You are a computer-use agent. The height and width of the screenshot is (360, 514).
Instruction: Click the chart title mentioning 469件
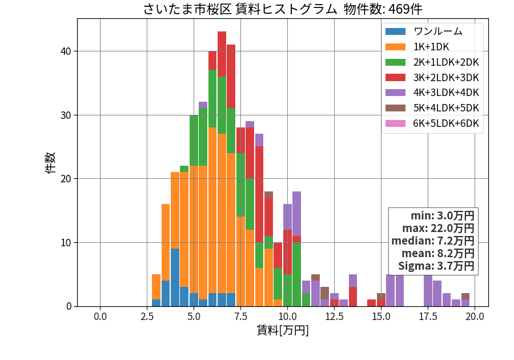[x=283, y=9]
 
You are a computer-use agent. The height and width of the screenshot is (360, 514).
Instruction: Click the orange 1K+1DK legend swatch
[x=395, y=47]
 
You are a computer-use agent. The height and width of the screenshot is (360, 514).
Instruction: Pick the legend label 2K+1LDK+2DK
[x=446, y=62]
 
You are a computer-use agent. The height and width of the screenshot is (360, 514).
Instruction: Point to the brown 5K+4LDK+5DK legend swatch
[x=395, y=108]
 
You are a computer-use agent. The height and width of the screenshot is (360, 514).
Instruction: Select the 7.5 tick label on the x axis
[x=240, y=317]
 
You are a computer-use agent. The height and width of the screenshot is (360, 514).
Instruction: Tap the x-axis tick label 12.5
[x=334, y=317]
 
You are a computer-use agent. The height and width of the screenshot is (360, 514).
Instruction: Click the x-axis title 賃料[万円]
[x=283, y=330]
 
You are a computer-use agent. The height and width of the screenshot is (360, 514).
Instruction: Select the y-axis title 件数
[x=50, y=163]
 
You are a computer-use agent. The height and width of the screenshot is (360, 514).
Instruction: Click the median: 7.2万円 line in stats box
[x=433, y=241]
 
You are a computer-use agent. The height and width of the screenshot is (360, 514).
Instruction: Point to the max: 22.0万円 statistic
[x=438, y=228]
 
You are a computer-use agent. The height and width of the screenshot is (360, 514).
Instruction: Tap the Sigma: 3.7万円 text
[x=436, y=266]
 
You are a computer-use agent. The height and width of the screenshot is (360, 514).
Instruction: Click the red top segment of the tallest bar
[x=222, y=54]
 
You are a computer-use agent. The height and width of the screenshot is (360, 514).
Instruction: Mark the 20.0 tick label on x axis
[x=475, y=317]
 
